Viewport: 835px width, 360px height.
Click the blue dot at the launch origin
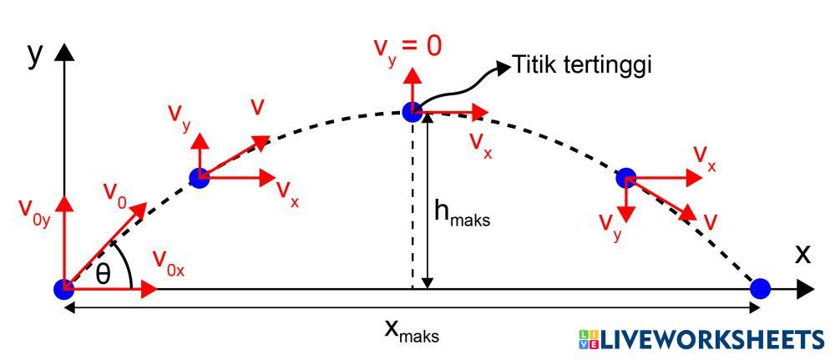[63, 289]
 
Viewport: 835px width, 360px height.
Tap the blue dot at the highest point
[412, 110]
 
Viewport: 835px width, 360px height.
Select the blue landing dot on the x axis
[760, 289]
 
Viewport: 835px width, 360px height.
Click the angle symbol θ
[103, 273]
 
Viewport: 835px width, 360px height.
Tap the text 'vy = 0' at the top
[407, 46]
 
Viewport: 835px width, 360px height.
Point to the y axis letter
[35, 53]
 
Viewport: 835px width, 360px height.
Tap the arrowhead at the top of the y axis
[63, 52]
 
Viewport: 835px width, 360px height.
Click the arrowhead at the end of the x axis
[806, 289]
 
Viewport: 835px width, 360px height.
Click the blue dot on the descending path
[626, 177]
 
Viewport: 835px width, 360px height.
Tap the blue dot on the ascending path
[199, 177]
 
